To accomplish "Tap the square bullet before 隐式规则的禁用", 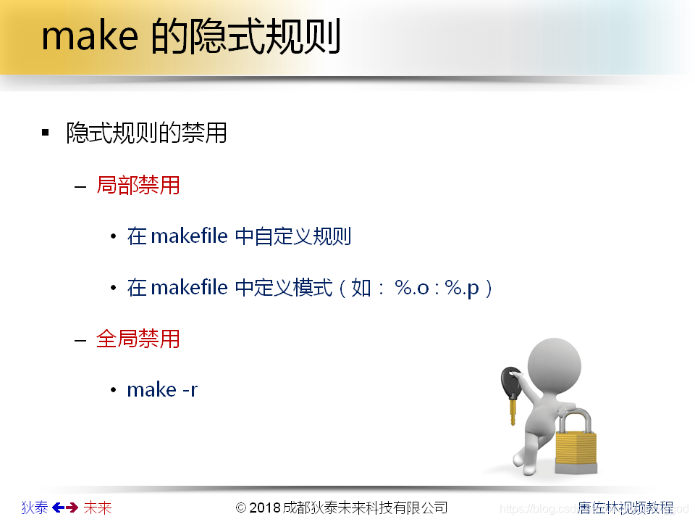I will click(x=46, y=133).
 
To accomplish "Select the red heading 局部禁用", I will click(x=138, y=185).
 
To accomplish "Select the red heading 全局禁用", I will click(x=138, y=339).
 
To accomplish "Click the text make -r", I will click(x=162, y=390).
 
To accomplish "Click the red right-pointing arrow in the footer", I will click(x=72, y=507).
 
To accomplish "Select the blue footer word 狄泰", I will click(x=34, y=507).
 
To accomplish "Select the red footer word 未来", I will click(x=98, y=507).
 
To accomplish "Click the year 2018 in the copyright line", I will click(x=265, y=507).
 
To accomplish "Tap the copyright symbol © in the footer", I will click(x=242, y=507).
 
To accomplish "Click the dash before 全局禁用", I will click(x=80, y=339).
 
